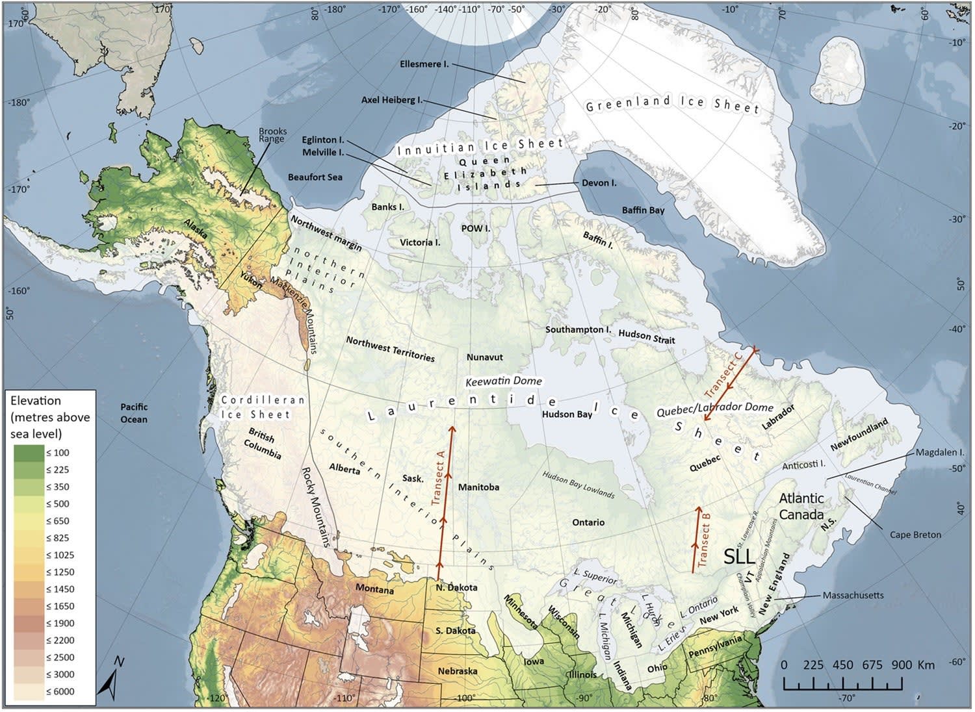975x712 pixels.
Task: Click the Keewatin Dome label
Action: point(504,381)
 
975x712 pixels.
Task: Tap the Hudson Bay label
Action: point(567,414)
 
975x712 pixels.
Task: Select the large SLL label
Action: point(740,556)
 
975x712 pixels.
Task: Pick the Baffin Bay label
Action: point(643,210)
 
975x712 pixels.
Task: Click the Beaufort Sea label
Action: point(315,177)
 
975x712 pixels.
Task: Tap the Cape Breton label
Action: point(915,535)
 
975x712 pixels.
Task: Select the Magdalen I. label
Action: point(940,452)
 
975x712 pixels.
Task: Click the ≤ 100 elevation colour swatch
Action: point(28,453)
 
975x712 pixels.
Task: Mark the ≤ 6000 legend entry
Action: point(60,691)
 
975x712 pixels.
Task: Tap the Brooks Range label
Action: point(272,135)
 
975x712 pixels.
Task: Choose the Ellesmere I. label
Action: point(424,64)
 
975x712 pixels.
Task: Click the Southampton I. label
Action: point(578,329)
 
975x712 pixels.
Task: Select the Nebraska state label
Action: point(457,671)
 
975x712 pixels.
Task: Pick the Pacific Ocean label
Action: point(134,413)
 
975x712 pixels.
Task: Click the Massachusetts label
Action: point(853,595)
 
